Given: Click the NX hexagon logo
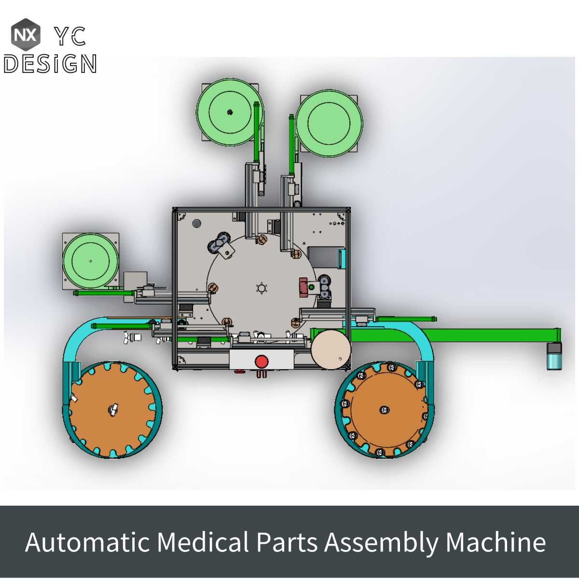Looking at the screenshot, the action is tap(26, 35).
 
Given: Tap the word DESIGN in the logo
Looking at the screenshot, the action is tap(50, 64).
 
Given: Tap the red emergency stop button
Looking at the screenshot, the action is tap(262, 361).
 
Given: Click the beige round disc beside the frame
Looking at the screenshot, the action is tap(331, 350).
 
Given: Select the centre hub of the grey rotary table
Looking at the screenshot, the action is tap(262, 289).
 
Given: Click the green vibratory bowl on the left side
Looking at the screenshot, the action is tap(90, 261).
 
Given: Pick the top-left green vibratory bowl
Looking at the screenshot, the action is tap(230, 112).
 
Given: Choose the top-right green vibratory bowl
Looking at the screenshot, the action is tap(329, 123).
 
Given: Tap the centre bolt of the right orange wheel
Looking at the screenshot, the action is tap(383, 410).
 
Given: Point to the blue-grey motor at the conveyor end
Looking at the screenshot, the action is tap(554, 357).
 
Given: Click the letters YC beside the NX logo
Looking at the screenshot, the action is tap(70, 36).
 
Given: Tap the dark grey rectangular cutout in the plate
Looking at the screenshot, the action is tap(323, 256).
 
